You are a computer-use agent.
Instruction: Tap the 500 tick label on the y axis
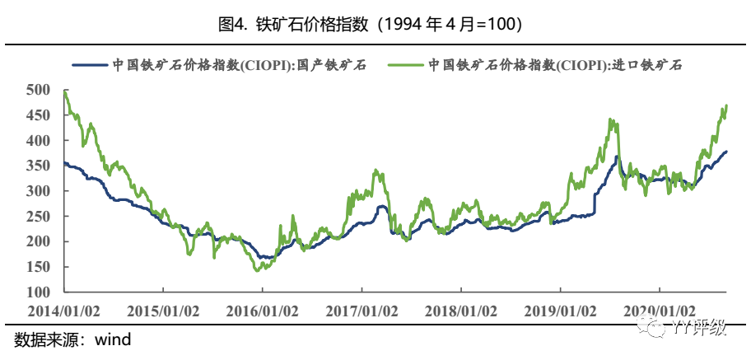pyautogui.click(x=39, y=90)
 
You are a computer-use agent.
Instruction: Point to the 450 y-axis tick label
pyautogui.click(x=39, y=115)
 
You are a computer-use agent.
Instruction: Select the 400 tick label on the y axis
pyautogui.click(x=39, y=141)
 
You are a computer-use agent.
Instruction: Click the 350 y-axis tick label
pyautogui.click(x=39, y=166)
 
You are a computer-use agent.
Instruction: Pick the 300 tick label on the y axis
pyautogui.click(x=39, y=191)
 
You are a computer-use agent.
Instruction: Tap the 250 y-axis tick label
pyautogui.click(x=39, y=217)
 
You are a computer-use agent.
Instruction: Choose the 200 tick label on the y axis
pyautogui.click(x=39, y=242)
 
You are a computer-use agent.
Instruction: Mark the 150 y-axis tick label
pyautogui.click(x=39, y=267)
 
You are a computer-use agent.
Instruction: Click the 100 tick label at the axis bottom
pyautogui.click(x=39, y=292)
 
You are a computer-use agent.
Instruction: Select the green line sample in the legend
pyautogui.click(x=406, y=64)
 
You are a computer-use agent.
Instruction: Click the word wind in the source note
pyautogui.click(x=113, y=339)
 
